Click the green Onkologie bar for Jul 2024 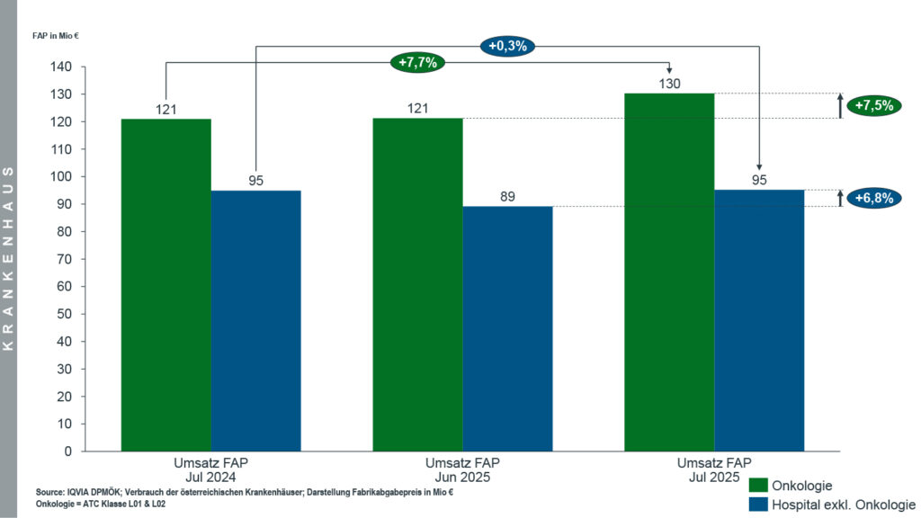[166, 284]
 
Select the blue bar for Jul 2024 [256, 320]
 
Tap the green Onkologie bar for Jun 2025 [418, 284]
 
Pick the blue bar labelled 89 [508, 328]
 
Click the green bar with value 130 [669, 272]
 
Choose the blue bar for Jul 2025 [759, 320]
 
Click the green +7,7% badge [418, 63]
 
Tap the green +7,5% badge [873, 105]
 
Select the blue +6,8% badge [873, 199]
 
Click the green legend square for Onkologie [758, 486]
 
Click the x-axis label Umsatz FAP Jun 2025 [458, 469]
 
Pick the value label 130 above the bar [669, 84]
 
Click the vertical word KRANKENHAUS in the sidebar [8, 258]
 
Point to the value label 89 [508, 197]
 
